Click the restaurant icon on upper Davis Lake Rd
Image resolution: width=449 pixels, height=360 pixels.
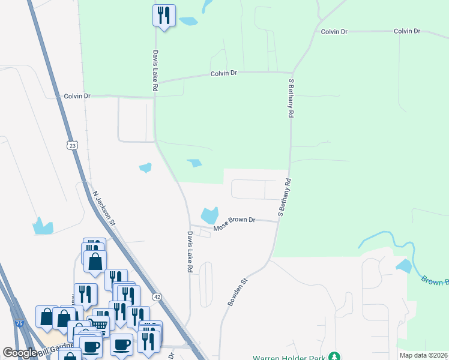(x=164, y=15)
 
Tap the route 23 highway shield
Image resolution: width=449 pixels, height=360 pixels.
(x=72, y=145)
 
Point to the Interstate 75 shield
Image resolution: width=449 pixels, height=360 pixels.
(x=20, y=323)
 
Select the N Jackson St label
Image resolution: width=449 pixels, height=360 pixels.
(x=104, y=208)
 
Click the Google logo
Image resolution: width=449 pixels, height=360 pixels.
(x=20, y=353)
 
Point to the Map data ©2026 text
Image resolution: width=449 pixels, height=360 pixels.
(x=424, y=355)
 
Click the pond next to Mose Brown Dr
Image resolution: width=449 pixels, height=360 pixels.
(x=209, y=214)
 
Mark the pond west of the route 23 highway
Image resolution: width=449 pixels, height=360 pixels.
(x=43, y=226)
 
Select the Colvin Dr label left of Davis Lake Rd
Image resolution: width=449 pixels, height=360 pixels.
(x=77, y=95)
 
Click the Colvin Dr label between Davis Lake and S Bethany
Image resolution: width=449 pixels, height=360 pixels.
(x=224, y=73)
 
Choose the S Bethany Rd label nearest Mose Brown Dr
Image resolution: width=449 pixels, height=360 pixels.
(x=284, y=197)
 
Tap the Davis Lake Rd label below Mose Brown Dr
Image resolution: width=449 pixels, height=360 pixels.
(x=189, y=252)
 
